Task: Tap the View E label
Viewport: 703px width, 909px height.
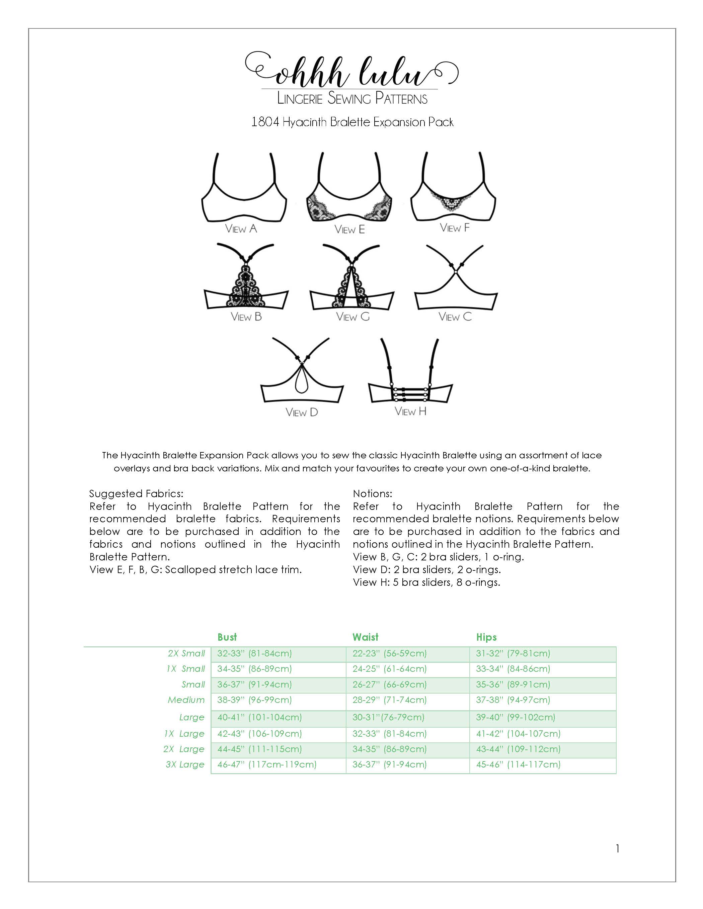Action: [349, 229]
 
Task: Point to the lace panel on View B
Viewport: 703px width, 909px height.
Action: [246, 285]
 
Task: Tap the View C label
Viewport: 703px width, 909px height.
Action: [455, 317]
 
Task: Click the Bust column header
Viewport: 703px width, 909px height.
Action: [227, 637]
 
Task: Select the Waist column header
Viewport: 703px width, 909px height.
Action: [366, 637]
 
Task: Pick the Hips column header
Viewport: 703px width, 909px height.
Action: [486, 637]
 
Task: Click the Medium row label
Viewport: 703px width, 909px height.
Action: [186, 700]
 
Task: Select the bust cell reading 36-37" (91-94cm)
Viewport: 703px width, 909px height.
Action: [254, 684]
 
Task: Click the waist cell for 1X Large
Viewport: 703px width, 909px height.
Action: [390, 733]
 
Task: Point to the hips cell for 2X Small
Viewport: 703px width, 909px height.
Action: [513, 653]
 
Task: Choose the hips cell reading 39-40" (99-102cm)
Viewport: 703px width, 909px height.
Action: [516, 717]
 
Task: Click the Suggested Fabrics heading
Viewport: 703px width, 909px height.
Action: [136, 493]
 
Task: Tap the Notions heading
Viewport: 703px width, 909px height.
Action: [373, 493]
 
